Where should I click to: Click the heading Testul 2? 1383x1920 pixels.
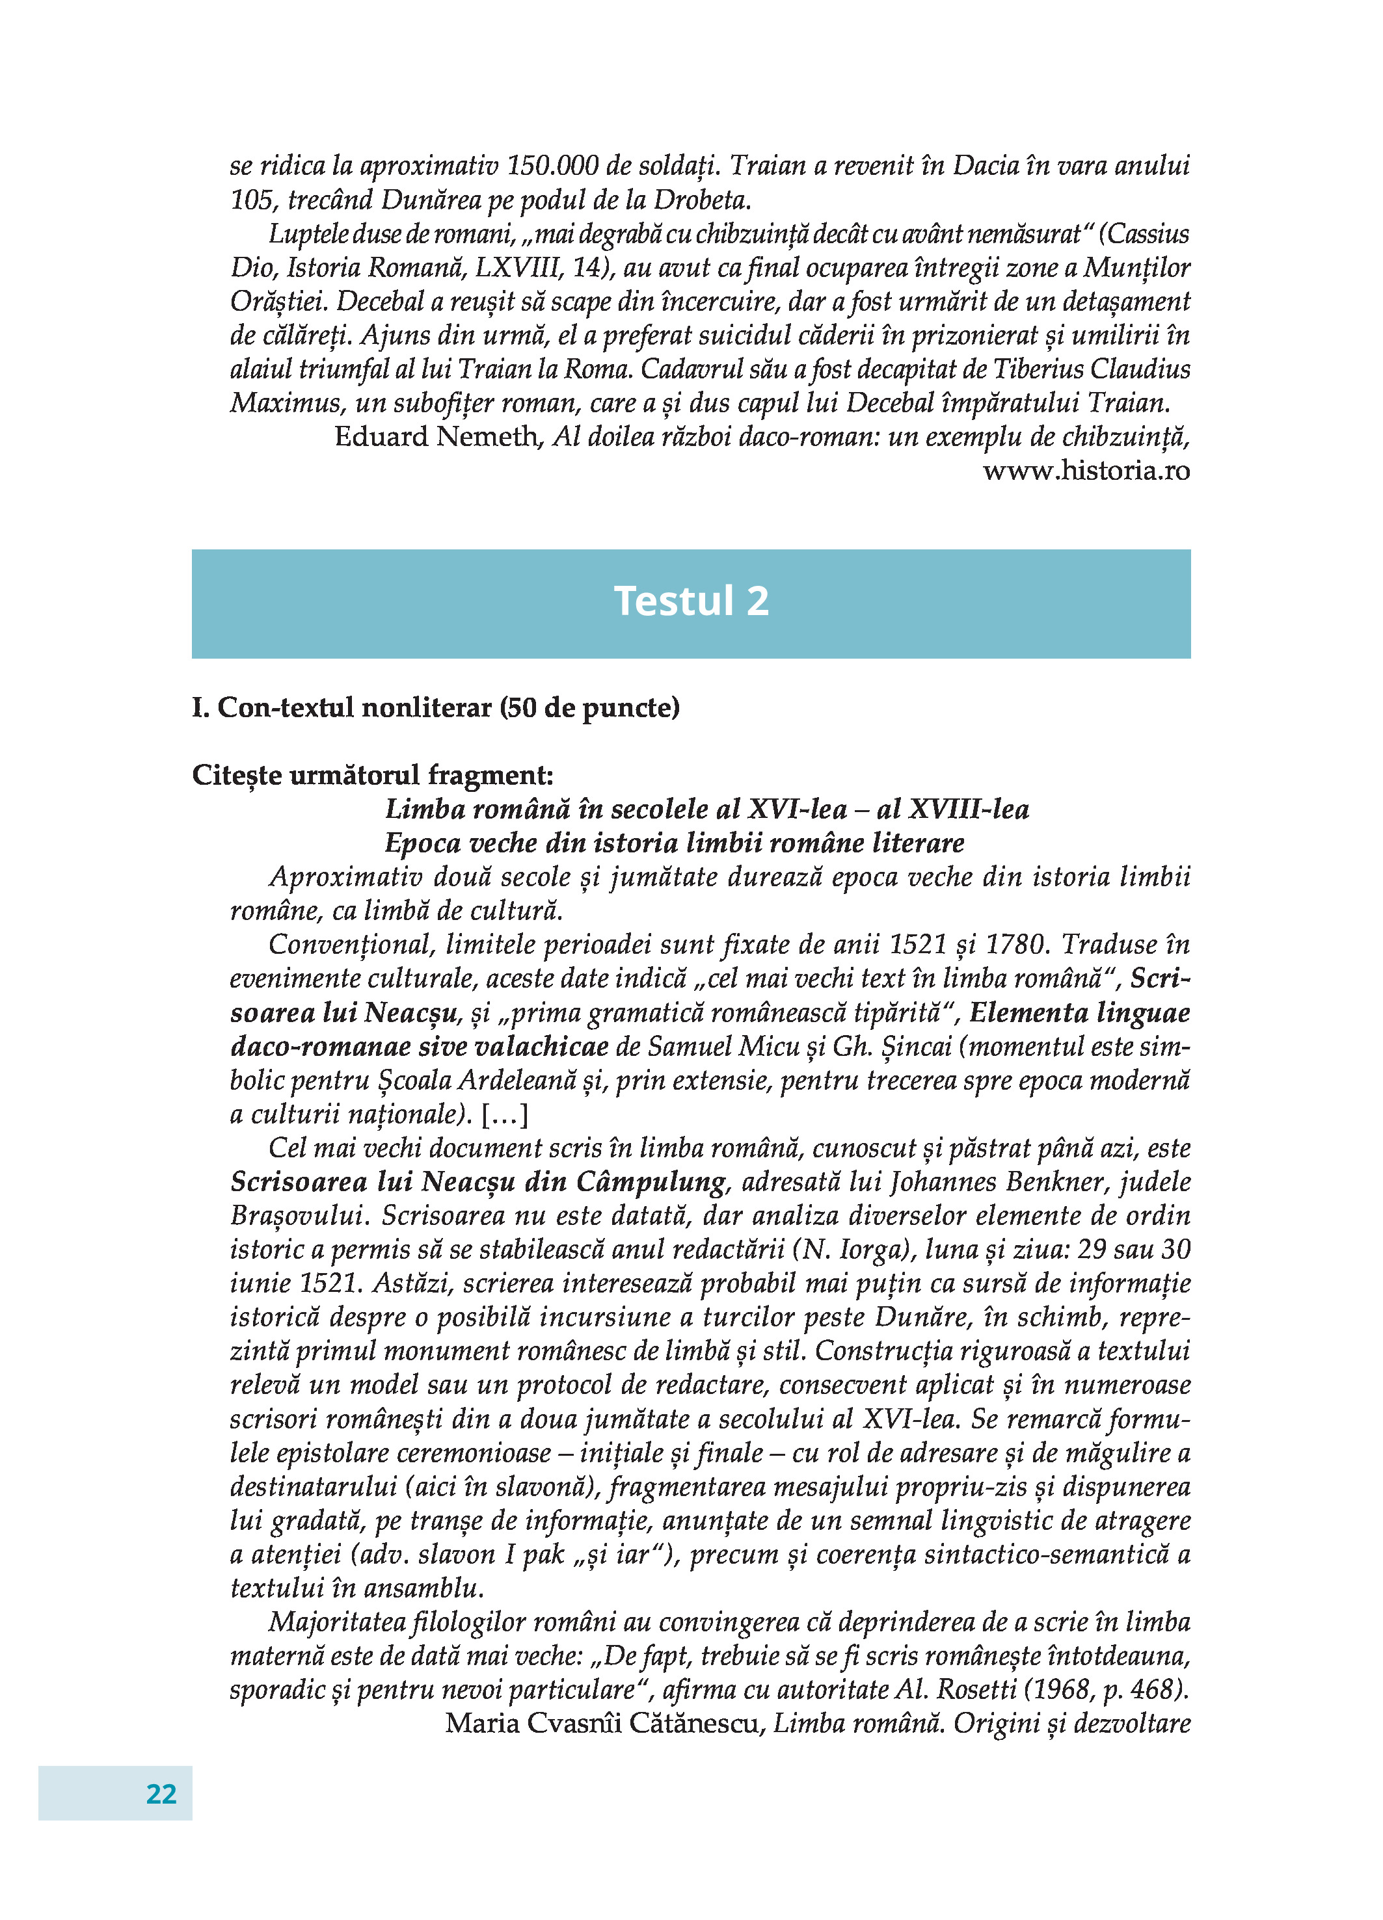coord(691,601)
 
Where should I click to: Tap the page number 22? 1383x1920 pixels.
coord(161,1793)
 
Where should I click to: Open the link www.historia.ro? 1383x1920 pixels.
coord(1086,471)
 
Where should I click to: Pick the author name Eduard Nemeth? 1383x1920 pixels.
coord(437,437)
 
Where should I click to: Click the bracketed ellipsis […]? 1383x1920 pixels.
coord(505,1114)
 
